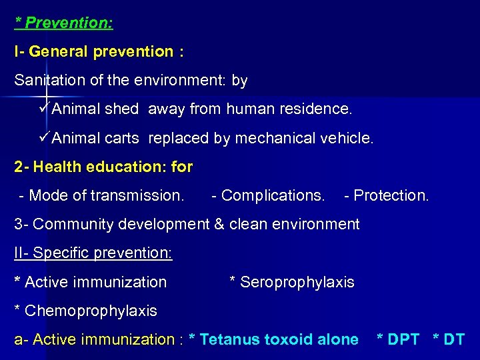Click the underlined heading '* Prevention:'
click(64, 23)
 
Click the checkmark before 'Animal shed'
click(45, 108)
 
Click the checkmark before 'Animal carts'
click(45, 138)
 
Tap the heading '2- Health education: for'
click(103, 167)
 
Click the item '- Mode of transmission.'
click(102, 196)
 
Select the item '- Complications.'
click(268, 196)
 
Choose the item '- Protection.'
click(387, 196)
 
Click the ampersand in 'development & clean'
click(219, 225)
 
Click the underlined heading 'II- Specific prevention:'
click(93, 253)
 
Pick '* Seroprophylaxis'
click(292, 283)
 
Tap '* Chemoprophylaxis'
click(85, 311)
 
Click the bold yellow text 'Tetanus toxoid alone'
click(279, 340)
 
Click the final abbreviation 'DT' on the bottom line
click(453, 340)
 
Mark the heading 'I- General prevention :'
click(99, 51)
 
